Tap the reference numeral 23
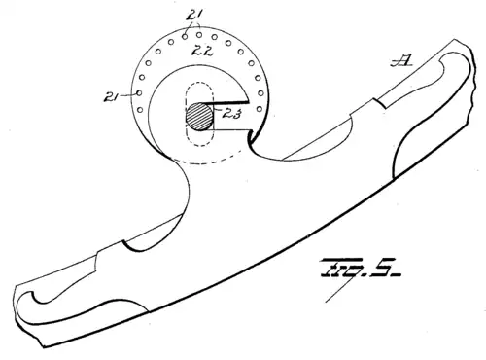pos(233,115)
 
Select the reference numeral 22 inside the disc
pos(203,50)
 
